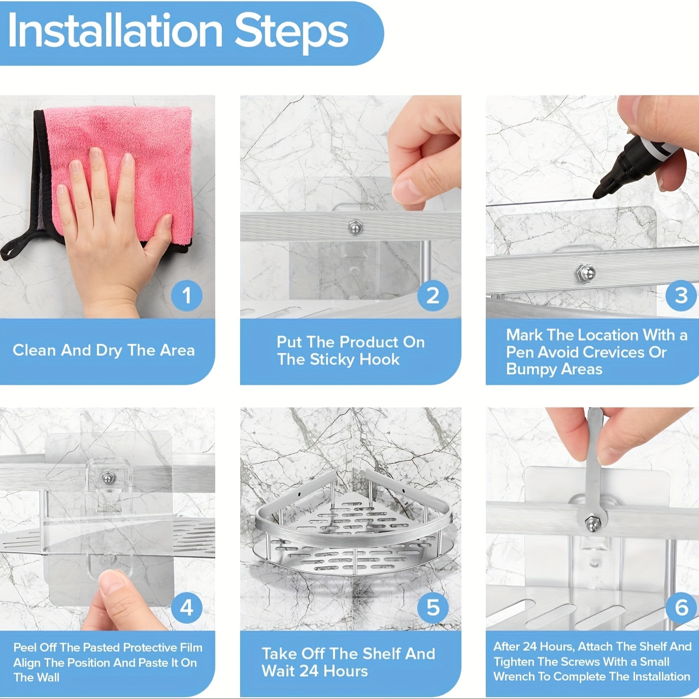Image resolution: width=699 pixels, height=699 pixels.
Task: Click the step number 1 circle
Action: [x=187, y=295]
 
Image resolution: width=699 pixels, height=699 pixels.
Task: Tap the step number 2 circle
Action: [x=432, y=295]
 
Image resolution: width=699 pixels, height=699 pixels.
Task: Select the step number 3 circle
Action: [x=681, y=295]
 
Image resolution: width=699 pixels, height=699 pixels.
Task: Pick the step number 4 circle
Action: [x=187, y=608]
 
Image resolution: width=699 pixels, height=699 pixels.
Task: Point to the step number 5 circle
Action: [x=432, y=608]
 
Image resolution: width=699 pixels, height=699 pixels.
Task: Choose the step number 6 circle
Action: [x=681, y=608]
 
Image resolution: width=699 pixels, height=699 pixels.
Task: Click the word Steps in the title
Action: [x=291, y=32]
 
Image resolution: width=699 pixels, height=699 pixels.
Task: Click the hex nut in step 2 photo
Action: [x=355, y=227]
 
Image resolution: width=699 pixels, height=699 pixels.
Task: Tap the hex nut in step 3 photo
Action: [x=586, y=273]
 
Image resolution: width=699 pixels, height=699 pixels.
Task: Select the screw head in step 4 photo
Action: [x=108, y=478]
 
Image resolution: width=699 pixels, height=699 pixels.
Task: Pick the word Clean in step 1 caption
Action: [x=35, y=350]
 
